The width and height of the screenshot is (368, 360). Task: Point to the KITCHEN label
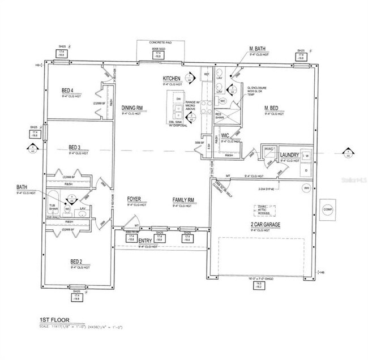pos(171,78)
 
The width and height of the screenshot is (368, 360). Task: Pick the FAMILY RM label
pos(183,200)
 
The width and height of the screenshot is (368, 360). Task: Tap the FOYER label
pos(134,200)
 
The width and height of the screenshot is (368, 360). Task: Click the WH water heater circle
pos(306,187)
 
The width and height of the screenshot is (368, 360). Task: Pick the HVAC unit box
pos(269,149)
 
